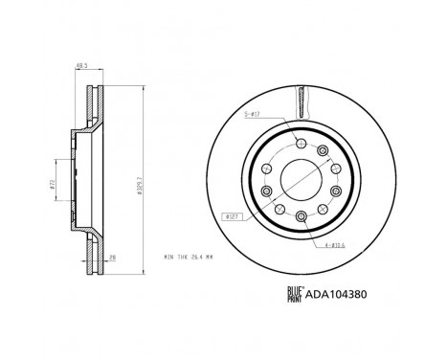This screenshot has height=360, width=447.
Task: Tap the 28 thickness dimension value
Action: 113,257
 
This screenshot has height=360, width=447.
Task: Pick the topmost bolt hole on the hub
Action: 302,144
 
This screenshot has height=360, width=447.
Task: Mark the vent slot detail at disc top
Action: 302,99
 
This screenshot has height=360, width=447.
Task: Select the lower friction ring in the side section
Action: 93,251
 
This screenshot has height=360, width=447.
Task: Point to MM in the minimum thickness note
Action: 209,258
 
